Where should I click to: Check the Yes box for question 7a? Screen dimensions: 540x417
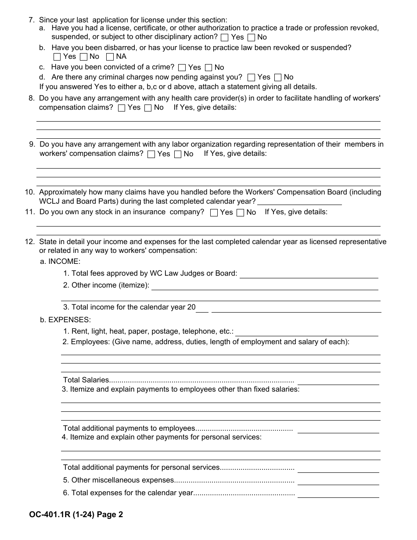point(225,37)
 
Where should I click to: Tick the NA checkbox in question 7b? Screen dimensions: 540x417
point(110,57)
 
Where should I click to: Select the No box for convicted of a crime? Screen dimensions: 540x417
point(208,68)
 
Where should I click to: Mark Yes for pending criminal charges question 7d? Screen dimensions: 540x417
point(251,77)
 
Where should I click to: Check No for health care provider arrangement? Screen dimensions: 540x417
point(148,108)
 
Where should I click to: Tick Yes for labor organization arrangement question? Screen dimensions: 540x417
point(151,154)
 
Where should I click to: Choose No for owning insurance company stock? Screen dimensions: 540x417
point(240,212)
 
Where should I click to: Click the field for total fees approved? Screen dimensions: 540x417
point(309,274)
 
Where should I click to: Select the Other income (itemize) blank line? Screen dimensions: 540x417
point(265,286)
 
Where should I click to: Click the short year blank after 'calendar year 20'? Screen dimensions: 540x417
point(202,308)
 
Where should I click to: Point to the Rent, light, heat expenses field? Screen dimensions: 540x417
point(306,332)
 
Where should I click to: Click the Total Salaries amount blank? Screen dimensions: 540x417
point(338,381)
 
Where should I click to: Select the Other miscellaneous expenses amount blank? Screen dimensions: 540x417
point(338,481)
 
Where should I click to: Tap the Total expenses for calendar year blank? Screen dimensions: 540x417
point(338,493)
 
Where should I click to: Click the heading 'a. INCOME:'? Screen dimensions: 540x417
point(60,261)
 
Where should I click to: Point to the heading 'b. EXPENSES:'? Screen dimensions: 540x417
point(65,320)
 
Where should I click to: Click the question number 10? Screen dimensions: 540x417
point(30,192)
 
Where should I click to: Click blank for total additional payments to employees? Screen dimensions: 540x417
point(338,429)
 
